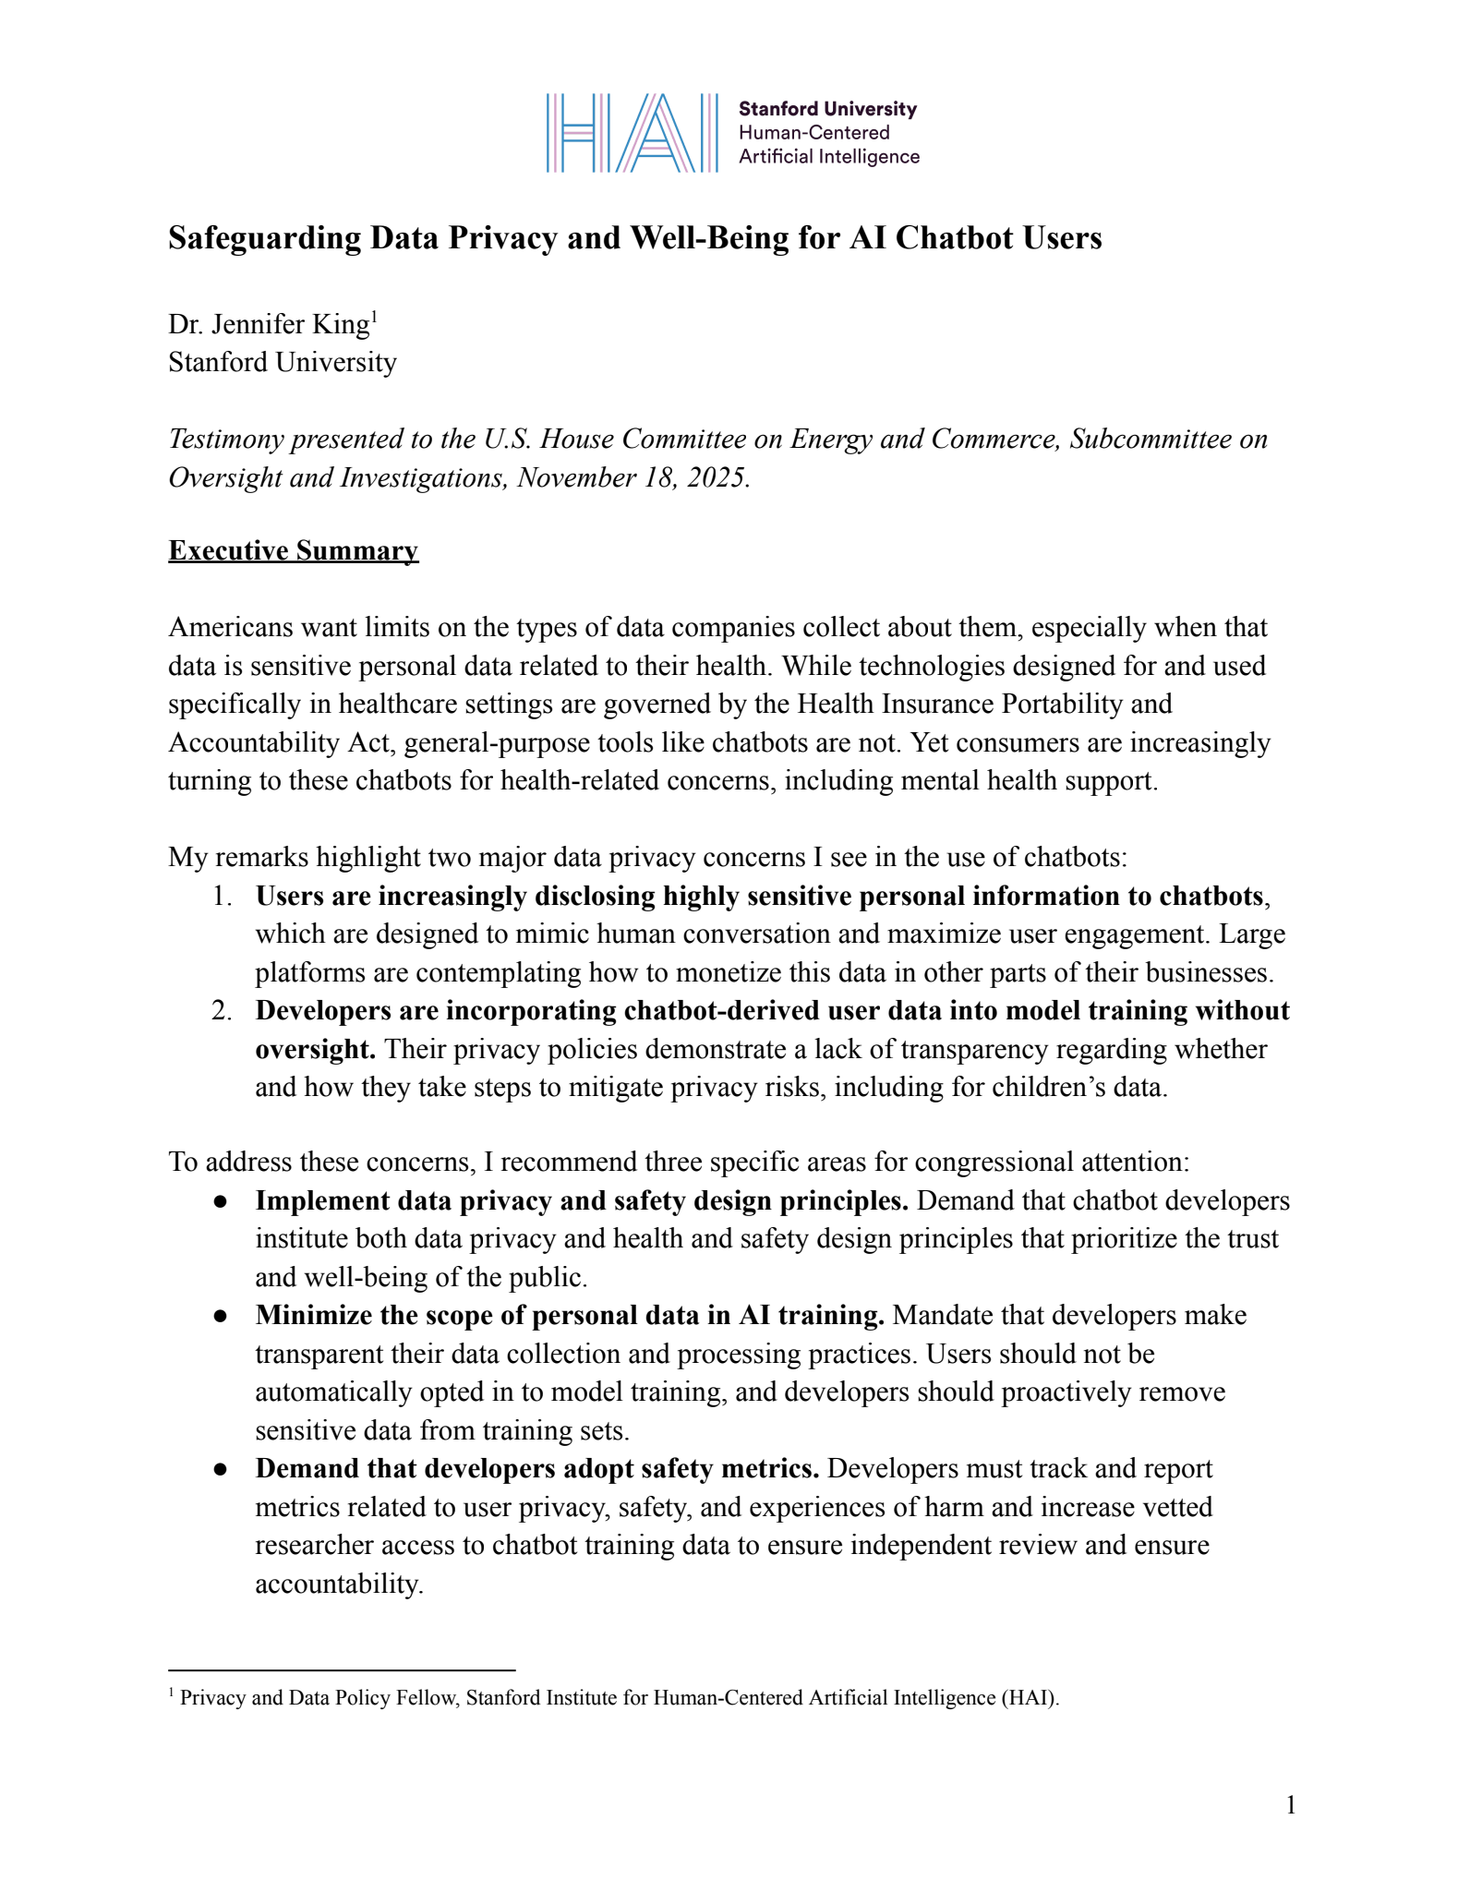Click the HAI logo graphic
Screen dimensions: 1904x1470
tap(632, 133)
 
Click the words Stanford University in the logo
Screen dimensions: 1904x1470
tap(827, 109)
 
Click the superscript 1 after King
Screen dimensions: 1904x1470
tap(374, 317)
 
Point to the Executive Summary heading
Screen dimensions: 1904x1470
tap(293, 551)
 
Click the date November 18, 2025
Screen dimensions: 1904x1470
tap(632, 477)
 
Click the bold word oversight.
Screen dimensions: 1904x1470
tap(315, 1049)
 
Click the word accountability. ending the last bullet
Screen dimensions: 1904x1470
tap(339, 1585)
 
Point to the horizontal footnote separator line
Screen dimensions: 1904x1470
tap(342, 1669)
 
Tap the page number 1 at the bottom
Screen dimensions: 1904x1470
tap(1291, 1805)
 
